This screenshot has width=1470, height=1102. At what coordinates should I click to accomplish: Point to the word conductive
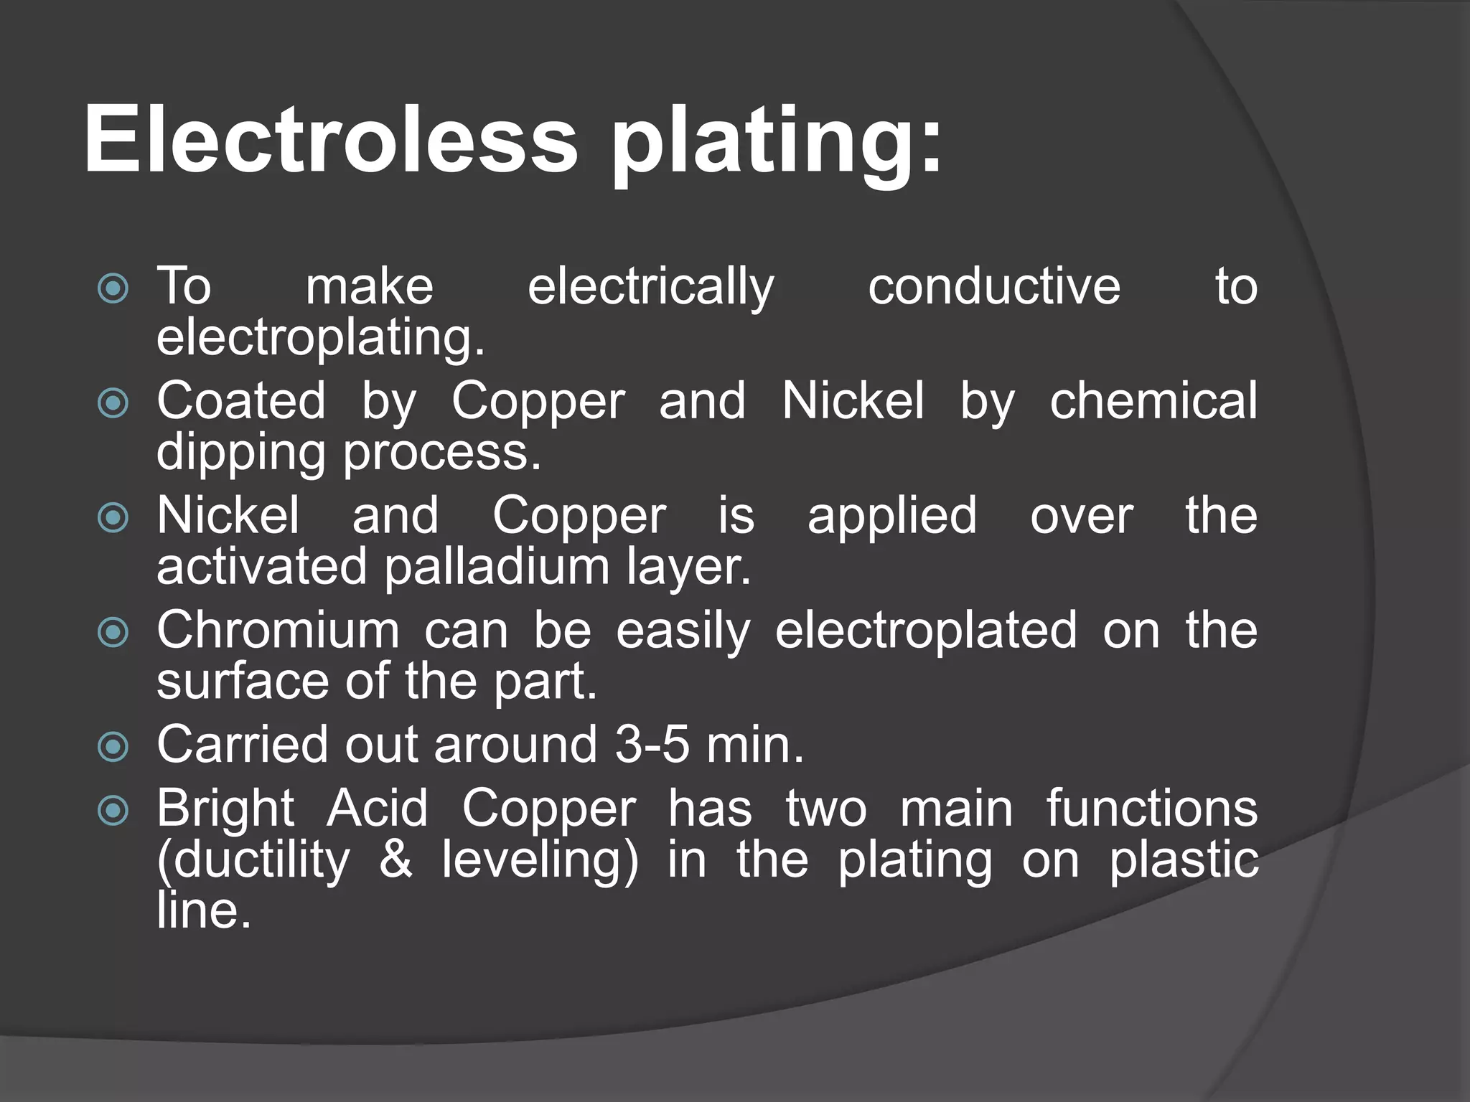994,286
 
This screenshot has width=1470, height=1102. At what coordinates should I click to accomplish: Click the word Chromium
278,631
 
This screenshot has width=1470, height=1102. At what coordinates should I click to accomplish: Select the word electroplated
926,631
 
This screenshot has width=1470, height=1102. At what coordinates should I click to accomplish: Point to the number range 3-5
652,744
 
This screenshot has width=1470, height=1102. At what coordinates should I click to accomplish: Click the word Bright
225,809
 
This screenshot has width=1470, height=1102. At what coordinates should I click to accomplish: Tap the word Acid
378,809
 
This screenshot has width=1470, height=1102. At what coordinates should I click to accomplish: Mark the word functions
1151,809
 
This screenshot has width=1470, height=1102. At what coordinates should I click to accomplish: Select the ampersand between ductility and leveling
395,860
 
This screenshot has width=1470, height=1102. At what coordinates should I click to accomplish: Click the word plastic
1184,860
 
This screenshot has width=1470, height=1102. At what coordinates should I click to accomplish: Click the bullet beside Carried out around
113,748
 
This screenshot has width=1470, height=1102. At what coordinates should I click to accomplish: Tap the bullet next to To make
113,289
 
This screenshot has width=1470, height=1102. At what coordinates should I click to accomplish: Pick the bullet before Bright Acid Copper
113,811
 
